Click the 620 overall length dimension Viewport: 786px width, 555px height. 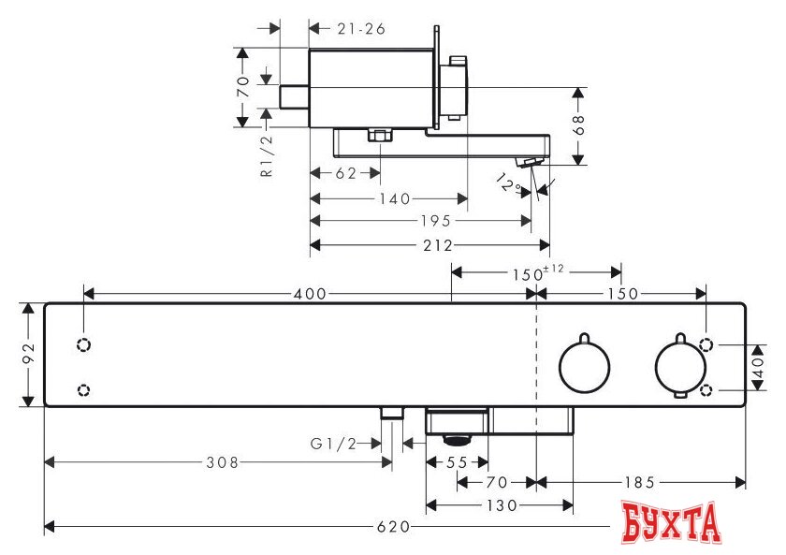[393, 527]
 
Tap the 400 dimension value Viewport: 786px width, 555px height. [310, 293]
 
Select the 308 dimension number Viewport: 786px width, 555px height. [223, 462]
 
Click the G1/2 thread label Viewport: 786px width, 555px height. [333, 444]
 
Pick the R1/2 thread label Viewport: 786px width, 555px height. [268, 155]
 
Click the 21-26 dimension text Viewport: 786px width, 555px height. [361, 29]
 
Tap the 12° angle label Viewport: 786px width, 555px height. [508, 183]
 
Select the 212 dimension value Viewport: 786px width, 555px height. [438, 245]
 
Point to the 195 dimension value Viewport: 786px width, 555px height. [435, 221]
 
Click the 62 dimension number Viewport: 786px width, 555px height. [345, 173]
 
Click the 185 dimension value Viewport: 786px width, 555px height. [640, 483]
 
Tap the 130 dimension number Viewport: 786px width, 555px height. [502, 505]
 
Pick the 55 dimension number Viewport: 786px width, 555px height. [457, 462]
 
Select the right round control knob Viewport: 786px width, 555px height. [680, 366]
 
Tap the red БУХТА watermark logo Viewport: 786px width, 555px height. [671, 522]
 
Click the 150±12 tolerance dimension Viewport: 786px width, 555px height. [537, 272]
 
